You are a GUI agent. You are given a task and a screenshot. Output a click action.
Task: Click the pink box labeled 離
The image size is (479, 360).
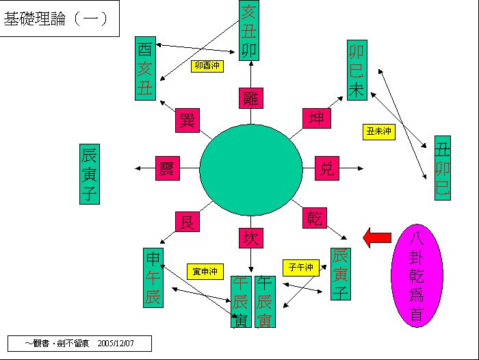250,99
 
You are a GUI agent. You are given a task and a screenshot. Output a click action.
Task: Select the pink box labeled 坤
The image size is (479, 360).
315,118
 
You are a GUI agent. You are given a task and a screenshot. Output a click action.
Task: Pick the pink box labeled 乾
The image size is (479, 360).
315,218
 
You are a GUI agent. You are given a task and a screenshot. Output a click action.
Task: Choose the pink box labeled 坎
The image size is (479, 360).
250,237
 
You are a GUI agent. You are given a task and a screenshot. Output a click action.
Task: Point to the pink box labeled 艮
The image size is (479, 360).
187,222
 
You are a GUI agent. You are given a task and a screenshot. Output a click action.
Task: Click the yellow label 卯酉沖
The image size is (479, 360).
207,66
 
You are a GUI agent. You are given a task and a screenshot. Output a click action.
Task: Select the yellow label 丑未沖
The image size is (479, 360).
378,131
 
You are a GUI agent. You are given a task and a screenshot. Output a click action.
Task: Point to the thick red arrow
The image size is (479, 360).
376,238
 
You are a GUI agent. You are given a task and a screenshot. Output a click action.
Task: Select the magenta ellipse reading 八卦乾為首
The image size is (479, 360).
417,266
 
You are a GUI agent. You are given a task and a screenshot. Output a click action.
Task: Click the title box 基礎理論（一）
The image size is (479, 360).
60,18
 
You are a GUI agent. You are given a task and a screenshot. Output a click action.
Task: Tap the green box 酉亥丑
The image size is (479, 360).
145,68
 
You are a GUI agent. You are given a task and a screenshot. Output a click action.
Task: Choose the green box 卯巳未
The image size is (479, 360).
357,70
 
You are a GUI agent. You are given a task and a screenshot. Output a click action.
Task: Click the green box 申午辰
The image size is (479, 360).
154,277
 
